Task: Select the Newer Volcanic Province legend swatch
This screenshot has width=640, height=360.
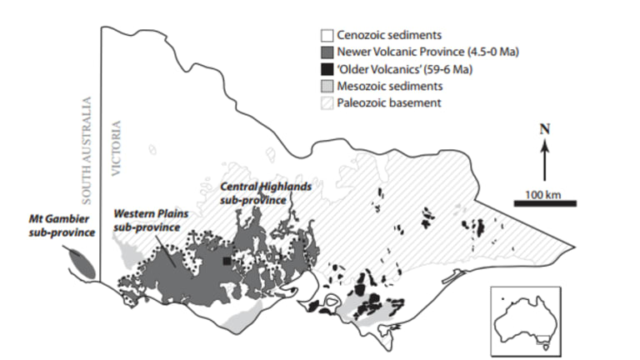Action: pos(327,52)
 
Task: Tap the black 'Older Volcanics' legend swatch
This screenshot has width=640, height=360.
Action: pos(327,69)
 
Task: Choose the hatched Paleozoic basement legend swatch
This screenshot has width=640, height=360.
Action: pos(327,102)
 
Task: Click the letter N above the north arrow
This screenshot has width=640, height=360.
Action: pos(544,132)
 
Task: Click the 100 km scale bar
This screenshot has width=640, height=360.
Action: pos(544,202)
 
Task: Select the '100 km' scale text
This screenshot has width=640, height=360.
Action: pos(543,193)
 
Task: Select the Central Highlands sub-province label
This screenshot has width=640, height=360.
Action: pos(265,193)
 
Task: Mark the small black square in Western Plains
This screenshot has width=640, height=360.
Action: pos(227,261)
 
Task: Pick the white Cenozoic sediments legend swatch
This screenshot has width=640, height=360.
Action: pos(327,36)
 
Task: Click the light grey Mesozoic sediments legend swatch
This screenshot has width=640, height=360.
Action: pos(327,86)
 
